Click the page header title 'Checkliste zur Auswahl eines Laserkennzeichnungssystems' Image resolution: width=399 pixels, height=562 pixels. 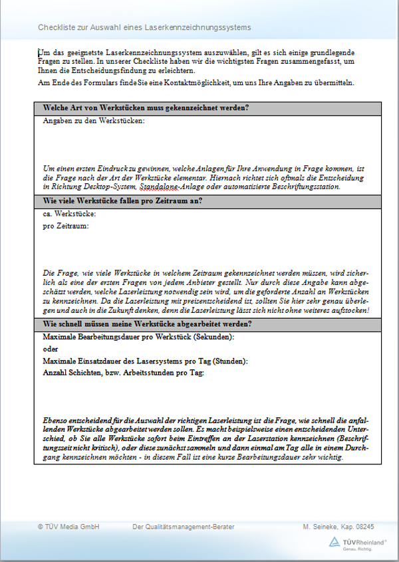pos(144,27)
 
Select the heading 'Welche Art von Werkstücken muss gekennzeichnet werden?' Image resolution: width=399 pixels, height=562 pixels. pos(146,108)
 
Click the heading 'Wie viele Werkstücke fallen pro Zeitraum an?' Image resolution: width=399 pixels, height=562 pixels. pos(123,201)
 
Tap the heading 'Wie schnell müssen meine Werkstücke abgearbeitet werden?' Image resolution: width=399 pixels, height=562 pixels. pos(147,324)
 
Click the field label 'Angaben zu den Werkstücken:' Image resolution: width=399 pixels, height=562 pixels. pos(94,121)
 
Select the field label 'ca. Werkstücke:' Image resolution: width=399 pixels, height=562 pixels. pos(70,214)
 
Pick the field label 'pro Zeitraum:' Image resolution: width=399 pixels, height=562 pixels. pos(66,226)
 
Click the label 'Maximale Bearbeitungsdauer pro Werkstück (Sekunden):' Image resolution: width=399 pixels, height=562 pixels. pos(139,337)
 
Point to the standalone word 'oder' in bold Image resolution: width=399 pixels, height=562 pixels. pos(51,349)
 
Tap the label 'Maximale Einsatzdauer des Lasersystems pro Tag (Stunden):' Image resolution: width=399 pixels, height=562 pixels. pos(145,361)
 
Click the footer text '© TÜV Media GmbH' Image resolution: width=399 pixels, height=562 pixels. pos(68,527)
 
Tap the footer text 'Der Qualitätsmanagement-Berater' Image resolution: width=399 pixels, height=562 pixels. pos(184,527)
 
